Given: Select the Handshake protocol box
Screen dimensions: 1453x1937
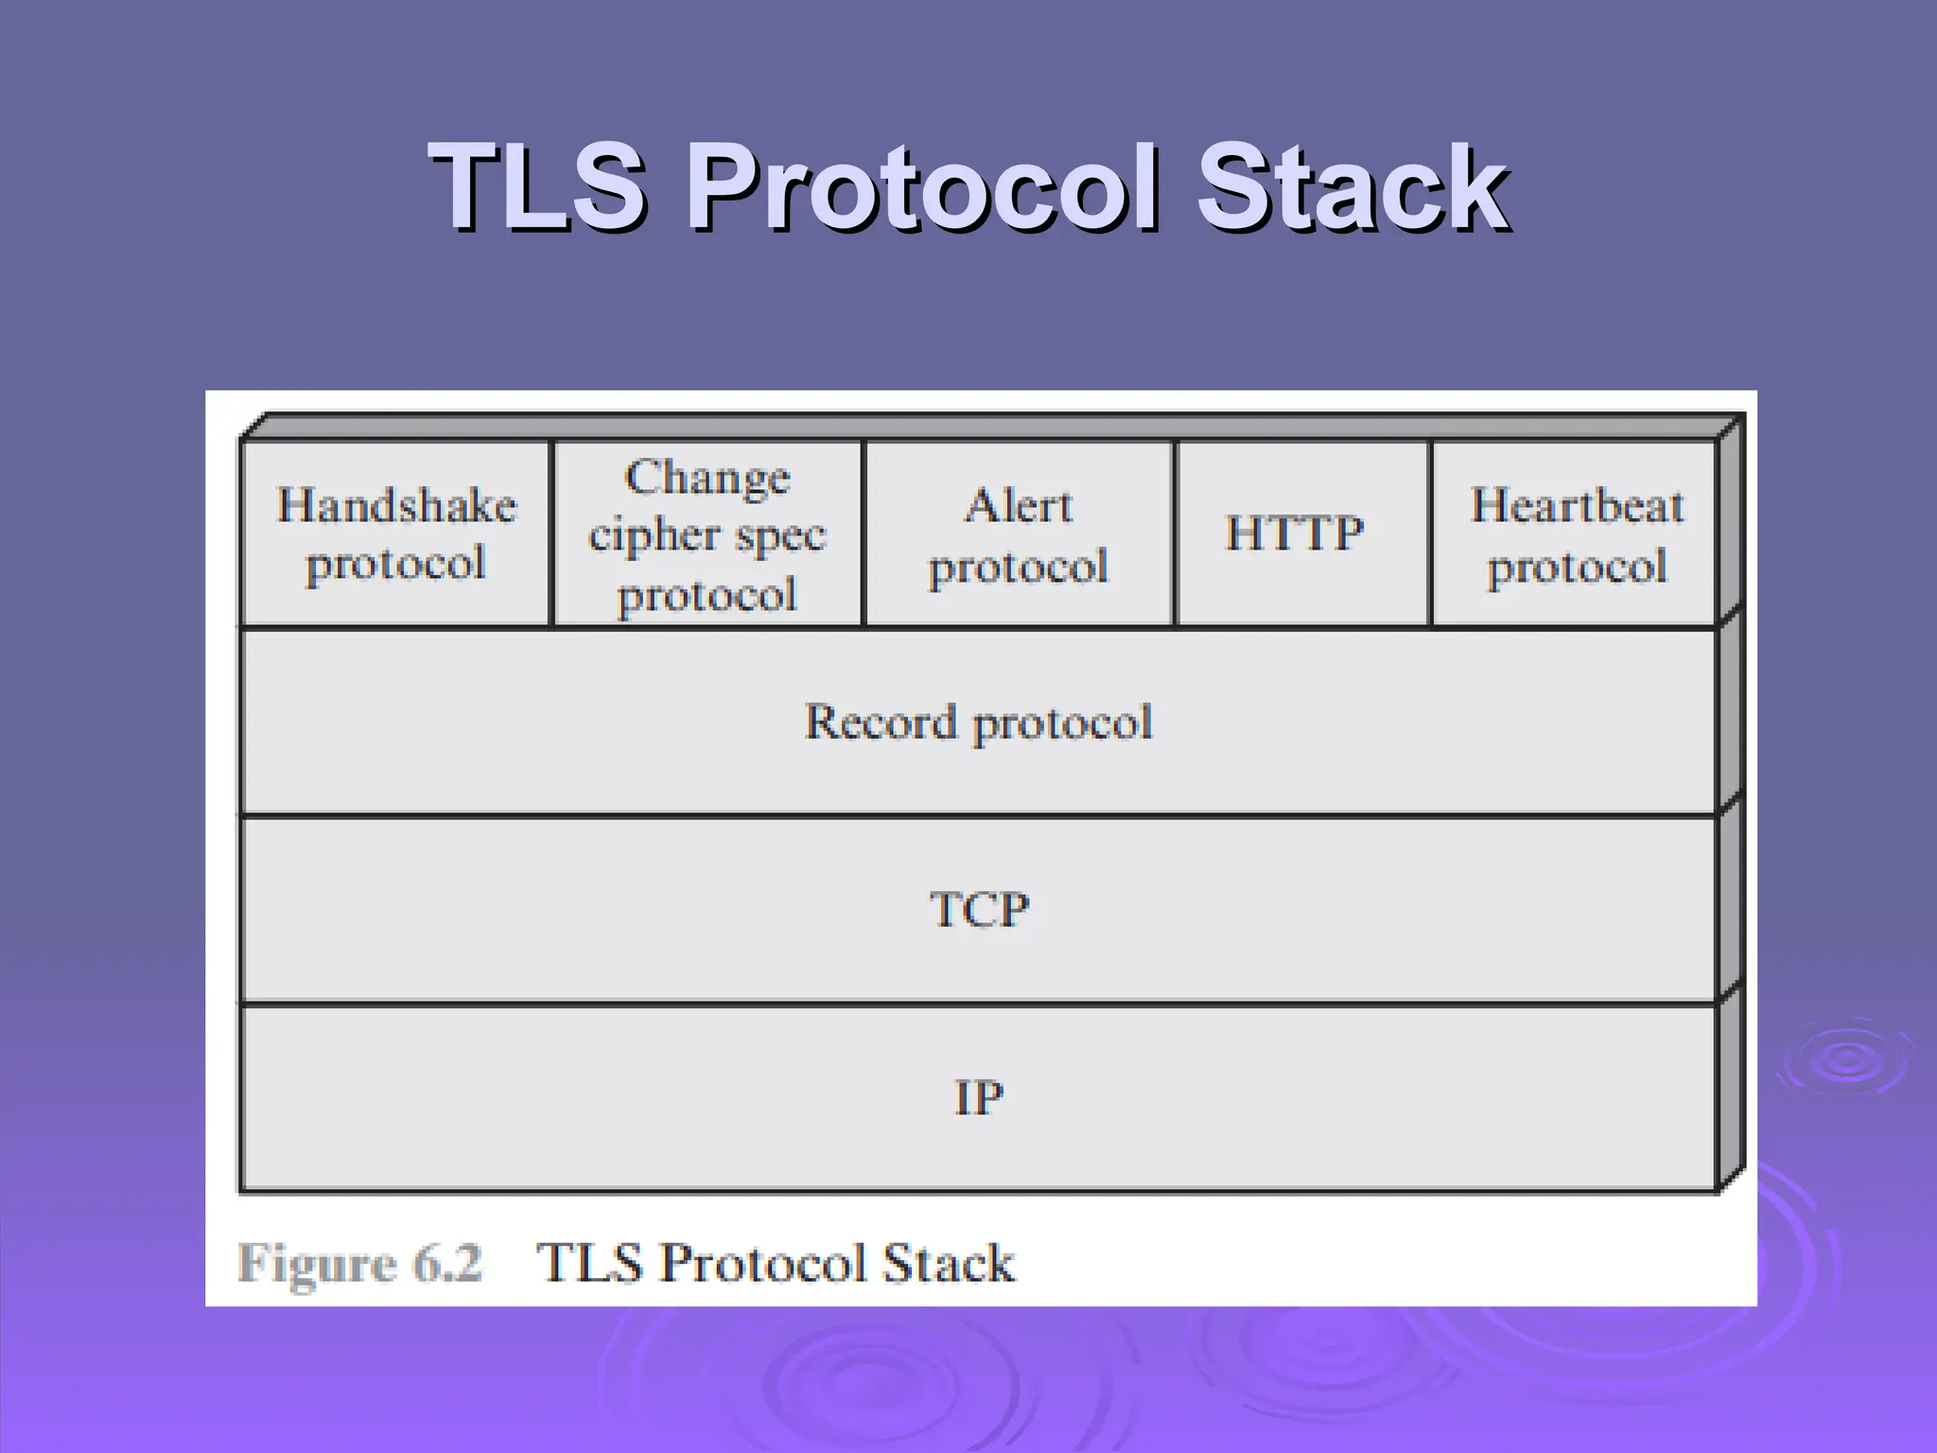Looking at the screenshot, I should (395, 534).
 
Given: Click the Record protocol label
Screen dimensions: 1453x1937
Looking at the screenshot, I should (978, 723).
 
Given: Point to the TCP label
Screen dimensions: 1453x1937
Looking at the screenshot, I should (979, 910).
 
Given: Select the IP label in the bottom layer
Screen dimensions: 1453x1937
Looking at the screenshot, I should (978, 1098).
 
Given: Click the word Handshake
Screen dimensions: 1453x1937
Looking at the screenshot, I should (396, 505).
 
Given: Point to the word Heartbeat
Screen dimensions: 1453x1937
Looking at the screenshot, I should (1577, 505).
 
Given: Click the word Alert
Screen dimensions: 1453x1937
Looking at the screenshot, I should (1019, 505).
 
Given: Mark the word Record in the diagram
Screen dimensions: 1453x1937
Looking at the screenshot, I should (881, 723).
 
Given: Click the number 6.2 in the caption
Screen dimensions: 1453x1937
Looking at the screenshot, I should (447, 1263).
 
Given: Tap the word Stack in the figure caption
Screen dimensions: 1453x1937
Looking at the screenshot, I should (948, 1263).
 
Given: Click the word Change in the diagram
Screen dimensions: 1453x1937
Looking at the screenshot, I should (707, 477).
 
